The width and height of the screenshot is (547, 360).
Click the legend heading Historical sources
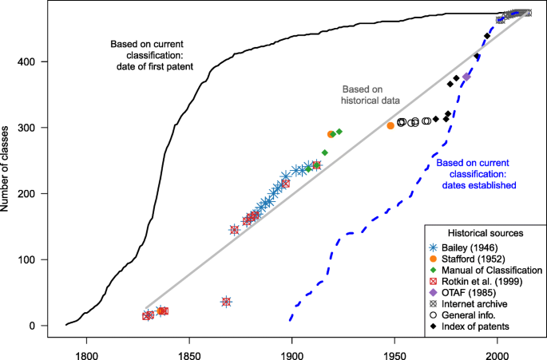(x=485, y=233)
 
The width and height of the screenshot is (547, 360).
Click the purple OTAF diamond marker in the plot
(x=467, y=77)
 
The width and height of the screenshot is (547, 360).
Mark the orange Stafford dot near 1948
(x=390, y=125)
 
